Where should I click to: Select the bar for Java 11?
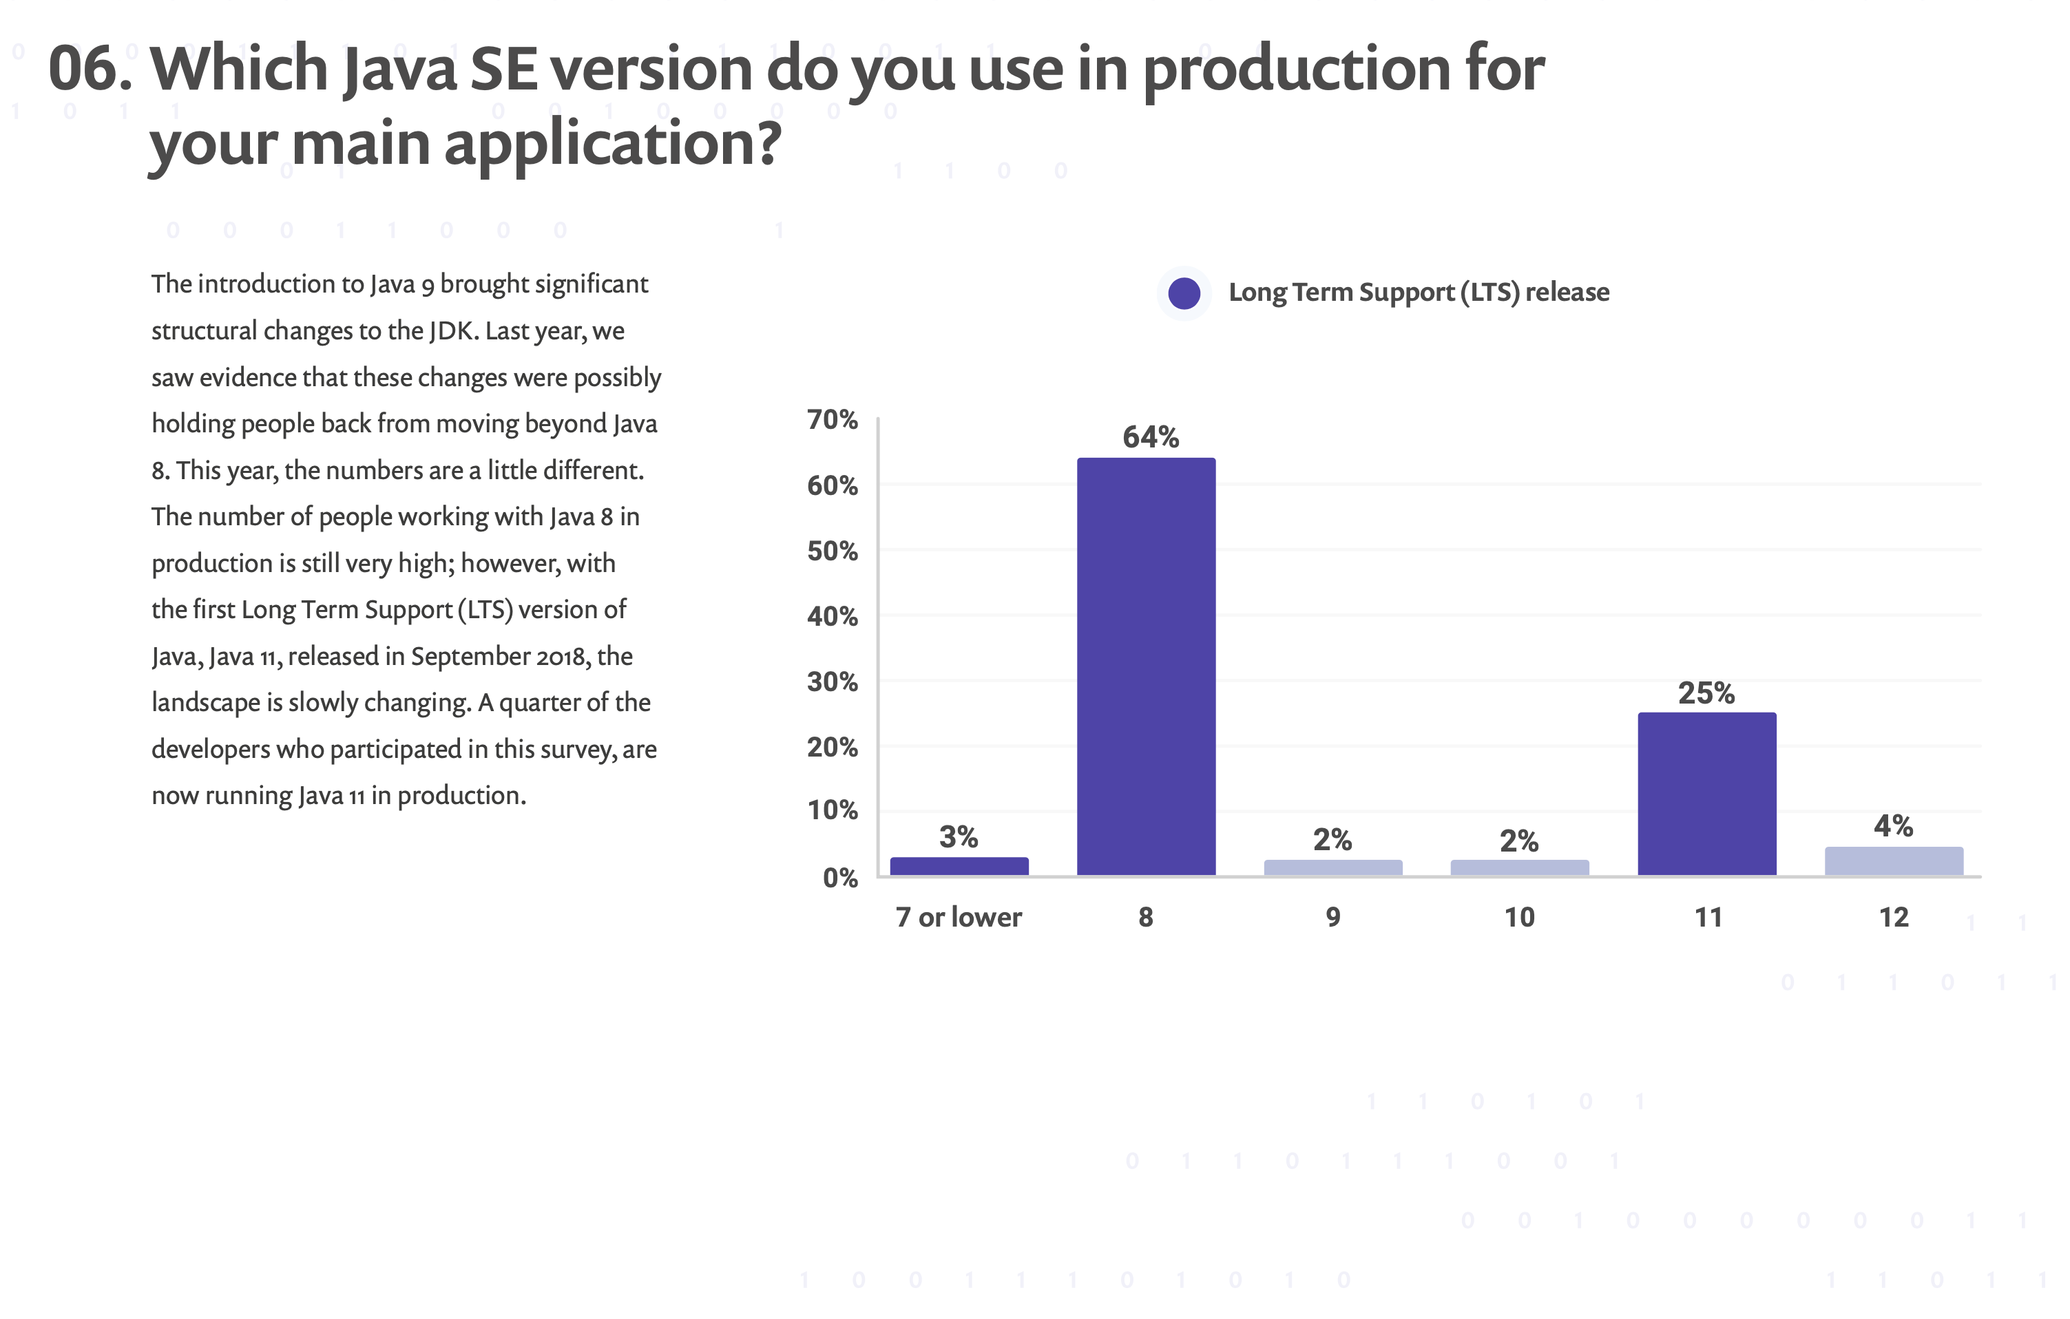[x=1706, y=793]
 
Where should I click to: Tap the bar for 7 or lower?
[x=959, y=865]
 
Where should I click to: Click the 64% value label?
[x=1150, y=437]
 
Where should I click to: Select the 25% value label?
[x=1706, y=693]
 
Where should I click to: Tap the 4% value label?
[x=1893, y=826]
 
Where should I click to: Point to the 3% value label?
[x=959, y=836]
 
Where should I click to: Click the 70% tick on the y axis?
[x=832, y=419]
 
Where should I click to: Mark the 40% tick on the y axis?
[x=832, y=616]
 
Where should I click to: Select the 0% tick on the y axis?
[x=840, y=877]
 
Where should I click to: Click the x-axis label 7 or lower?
[x=959, y=917]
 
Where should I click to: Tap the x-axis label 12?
[x=1893, y=917]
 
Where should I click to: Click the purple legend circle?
[x=1184, y=293]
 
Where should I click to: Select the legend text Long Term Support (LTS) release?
[x=1419, y=292]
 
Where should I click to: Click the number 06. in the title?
[x=90, y=69]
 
